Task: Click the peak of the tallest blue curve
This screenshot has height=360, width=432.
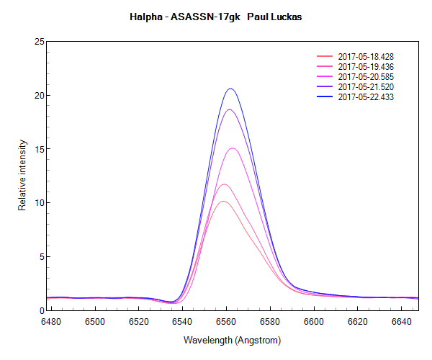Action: pyautogui.click(x=231, y=89)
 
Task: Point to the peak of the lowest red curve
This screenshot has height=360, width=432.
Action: pyautogui.click(x=224, y=201)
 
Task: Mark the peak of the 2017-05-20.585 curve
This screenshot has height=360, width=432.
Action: pyautogui.click(x=233, y=148)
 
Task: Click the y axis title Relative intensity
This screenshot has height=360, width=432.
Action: pyautogui.click(x=22, y=176)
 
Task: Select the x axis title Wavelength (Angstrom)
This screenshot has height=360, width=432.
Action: pyautogui.click(x=232, y=339)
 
